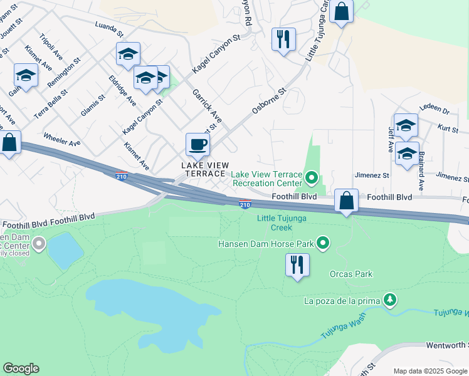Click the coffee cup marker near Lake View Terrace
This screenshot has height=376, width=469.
198,144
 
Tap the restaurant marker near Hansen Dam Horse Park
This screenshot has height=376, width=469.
297,264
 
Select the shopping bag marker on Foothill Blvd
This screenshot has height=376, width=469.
346,201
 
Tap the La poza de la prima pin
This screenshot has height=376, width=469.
390,300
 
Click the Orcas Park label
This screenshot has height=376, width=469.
351,274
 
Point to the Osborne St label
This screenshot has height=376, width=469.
269,100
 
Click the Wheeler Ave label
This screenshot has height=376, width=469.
61,138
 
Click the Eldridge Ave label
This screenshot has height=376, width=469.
122,91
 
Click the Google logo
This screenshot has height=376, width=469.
21,368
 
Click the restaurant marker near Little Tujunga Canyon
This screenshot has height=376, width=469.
283,39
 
